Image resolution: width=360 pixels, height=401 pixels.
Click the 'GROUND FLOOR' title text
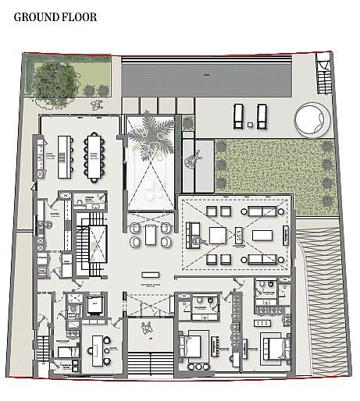(x=55, y=16)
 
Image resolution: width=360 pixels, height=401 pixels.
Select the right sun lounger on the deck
(x=262, y=115)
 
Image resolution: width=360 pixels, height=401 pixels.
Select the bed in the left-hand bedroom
(x=194, y=344)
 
